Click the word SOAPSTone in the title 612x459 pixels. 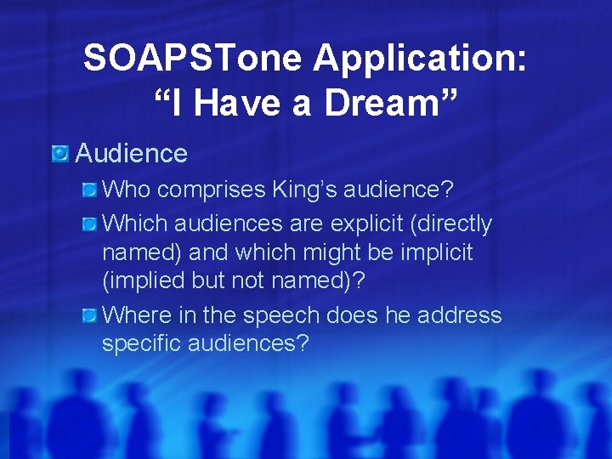pyautogui.click(x=192, y=59)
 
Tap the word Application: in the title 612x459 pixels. pyautogui.click(x=421, y=59)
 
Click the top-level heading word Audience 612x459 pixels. pyautogui.click(x=131, y=153)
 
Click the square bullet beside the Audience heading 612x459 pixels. pyautogui.click(x=59, y=153)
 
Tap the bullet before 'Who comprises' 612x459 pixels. pyautogui.click(x=89, y=189)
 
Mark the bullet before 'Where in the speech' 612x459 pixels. pyautogui.click(x=89, y=316)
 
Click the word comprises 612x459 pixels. pyautogui.click(x=212, y=190)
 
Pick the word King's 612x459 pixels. pyautogui.click(x=307, y=190)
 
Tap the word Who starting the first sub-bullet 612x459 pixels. pyautogui.click(x=127, y=190)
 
